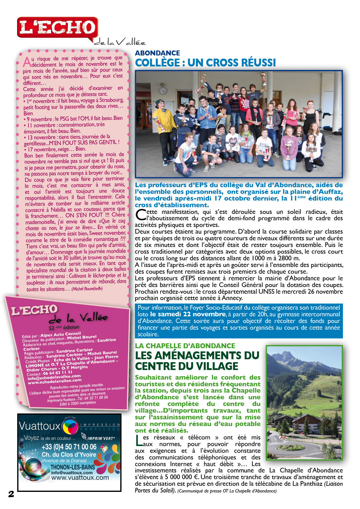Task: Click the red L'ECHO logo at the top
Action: [x=57, y=27]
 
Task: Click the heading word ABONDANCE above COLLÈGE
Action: [x=157, y=53]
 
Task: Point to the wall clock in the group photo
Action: [x=163, y=90]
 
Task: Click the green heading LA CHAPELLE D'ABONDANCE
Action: [x=185, y=346]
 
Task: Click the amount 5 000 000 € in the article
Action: [x=179, y=477]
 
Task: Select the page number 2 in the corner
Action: [x=11, y=494]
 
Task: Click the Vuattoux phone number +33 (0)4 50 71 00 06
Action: [x=69, y=447]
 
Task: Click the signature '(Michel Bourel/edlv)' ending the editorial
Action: [x=87, y=289]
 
